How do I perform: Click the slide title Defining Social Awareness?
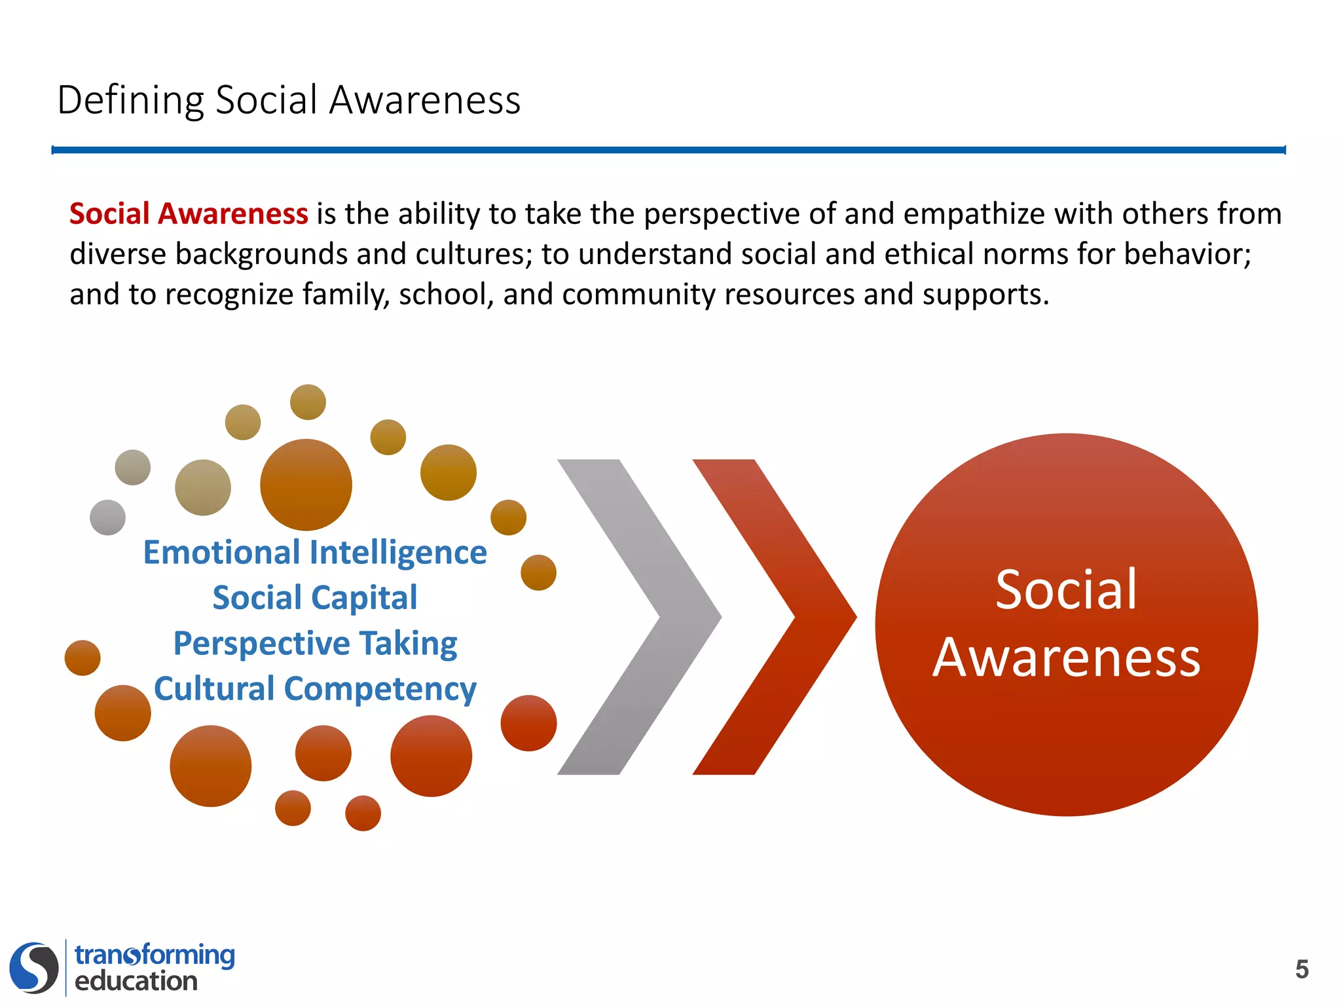click(x=289, y=100)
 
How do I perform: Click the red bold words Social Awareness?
click(x=189, y=214)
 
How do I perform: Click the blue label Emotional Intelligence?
click(x=315, y=552)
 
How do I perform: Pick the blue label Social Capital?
click(x=315, y=597)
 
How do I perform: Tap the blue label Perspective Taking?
click(x=315, y=643)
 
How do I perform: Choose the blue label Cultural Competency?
click(x=315, y=689)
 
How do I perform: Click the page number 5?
click(x=1302, y=969)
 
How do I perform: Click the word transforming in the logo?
click(x=155, y=955)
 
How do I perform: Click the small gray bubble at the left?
click(x=107, y=517)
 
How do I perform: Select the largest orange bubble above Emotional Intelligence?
click(x=306, y=485)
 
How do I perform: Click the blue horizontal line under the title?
click(x=668, y=150)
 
